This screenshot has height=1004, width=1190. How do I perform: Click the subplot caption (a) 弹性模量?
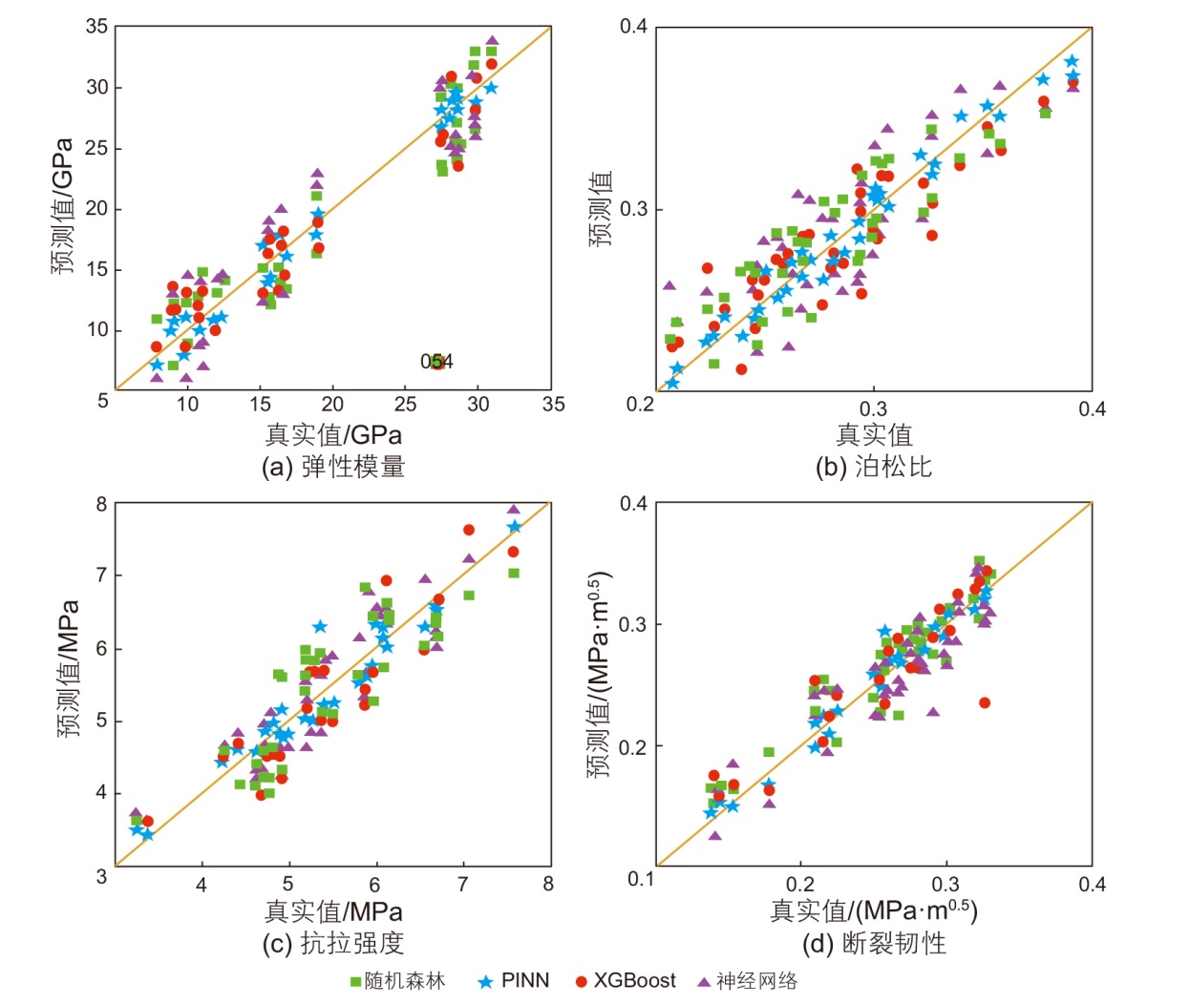[333, 467]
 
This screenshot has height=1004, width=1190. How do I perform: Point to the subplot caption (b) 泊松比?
[873, 467]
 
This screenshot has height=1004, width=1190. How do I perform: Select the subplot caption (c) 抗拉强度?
[333, 943]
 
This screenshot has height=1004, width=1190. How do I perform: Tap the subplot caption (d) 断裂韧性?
[874, 943]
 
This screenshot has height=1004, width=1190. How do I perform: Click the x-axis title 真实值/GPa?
[333, 435]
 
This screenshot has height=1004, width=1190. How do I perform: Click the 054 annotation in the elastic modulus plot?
[437, 362]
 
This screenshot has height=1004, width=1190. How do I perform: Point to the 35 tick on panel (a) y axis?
[97, 27]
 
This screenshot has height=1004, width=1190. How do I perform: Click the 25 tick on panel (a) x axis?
[406, 404]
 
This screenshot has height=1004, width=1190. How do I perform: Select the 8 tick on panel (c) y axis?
[101, 504]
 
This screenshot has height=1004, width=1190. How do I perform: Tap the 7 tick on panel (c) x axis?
[462, 884]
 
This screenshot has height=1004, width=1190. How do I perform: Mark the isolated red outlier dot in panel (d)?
[985, 703]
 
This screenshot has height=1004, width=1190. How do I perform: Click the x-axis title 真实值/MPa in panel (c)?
[333, 911]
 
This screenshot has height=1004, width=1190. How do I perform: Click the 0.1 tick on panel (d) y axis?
[641, 878]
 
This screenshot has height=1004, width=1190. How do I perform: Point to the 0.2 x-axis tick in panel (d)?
[800, 884]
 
